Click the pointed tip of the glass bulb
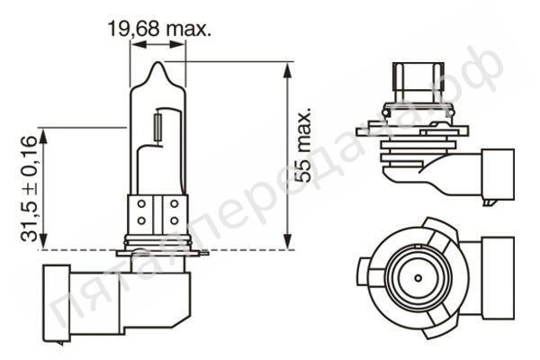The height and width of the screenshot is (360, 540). tap(157, 65)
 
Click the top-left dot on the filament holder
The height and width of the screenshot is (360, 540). tap(142, 205)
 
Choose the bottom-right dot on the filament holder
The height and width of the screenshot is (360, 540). tap(173, 221)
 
